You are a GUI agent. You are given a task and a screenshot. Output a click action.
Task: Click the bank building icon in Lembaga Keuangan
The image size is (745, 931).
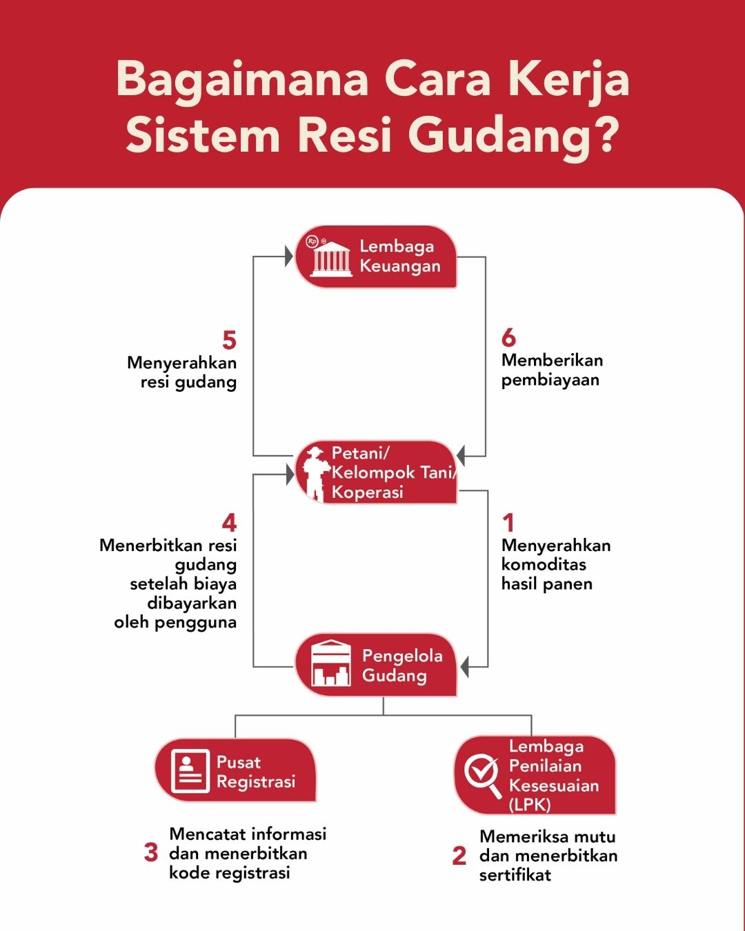(x=331, y=258)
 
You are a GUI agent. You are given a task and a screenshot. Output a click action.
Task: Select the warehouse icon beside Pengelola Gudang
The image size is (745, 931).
(x=331, y=663)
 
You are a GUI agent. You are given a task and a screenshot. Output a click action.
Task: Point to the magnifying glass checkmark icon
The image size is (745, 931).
(x=481, y=775)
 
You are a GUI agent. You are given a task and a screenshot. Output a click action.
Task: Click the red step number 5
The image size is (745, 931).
(x=229, y=340)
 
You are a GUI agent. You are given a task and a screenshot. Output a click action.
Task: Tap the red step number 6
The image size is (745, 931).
(x=508, y=337)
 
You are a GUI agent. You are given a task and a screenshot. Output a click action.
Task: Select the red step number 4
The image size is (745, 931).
(x=229, y=523)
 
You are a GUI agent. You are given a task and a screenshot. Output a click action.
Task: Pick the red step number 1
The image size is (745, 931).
(x=508, y=523)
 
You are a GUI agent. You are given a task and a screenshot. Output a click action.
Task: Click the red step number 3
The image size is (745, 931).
(x=151, y=852)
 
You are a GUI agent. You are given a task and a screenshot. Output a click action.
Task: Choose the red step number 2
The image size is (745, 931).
(x=459, y=856)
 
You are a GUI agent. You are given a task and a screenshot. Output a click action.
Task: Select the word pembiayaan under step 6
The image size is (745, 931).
(x=550, y=380)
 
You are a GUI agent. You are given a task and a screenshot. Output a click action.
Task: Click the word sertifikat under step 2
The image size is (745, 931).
(x=515, y=875)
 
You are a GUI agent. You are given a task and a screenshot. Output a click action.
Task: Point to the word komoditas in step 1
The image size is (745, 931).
(x=544, y=564)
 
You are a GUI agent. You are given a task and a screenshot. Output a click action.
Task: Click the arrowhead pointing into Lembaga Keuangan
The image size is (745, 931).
(x=289, y=257)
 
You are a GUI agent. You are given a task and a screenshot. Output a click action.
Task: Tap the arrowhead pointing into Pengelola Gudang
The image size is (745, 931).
(x=464, y=667)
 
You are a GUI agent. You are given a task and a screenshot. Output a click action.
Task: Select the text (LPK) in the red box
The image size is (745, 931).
(x=530, y=805)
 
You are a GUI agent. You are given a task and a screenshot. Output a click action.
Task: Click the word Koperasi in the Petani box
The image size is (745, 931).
(x=367, y=492)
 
